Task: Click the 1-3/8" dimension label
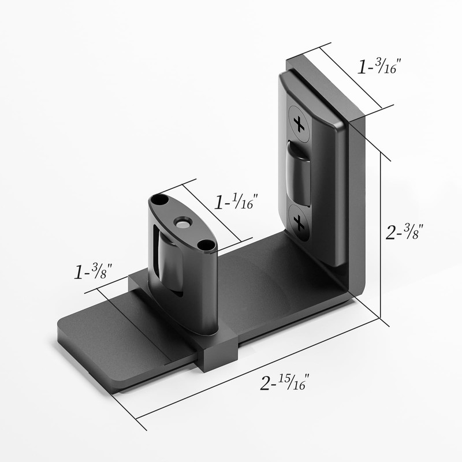[92, 271]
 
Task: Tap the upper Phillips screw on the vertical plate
[299, 122]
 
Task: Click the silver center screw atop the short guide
[183, 222]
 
